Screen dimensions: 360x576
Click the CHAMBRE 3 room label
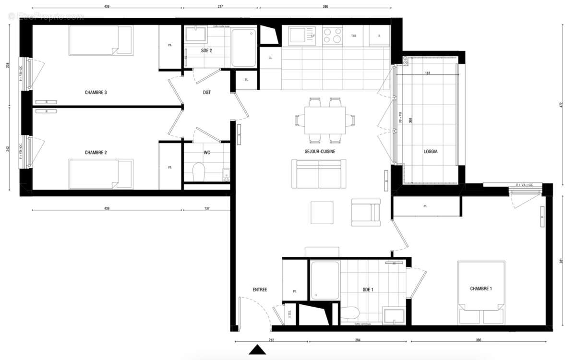tap(96, 92)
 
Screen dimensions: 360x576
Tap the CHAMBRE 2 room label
tap(96, 153)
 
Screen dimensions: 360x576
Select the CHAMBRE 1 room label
tap(480, 288)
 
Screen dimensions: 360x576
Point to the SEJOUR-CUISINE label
tap(320, 151)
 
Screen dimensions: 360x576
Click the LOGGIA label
tap(430, 151)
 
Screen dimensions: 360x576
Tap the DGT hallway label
tap(207, 92)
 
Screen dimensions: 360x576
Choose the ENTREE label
tap(260, 289)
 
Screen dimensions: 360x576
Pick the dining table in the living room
tap(324, 120)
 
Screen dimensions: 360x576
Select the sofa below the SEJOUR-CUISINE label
tap(319, 174)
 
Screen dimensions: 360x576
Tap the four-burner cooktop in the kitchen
tap(332, 36)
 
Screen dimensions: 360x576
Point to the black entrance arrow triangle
tap(257, 350)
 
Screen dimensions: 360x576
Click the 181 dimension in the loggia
tap(427, 73)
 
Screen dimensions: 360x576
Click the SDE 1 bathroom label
tap(368, 289)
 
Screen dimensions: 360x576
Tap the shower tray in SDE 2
tap(244, 48)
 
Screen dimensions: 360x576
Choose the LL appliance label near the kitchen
tap(270, 58)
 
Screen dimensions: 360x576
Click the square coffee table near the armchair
tap(322, 213)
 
